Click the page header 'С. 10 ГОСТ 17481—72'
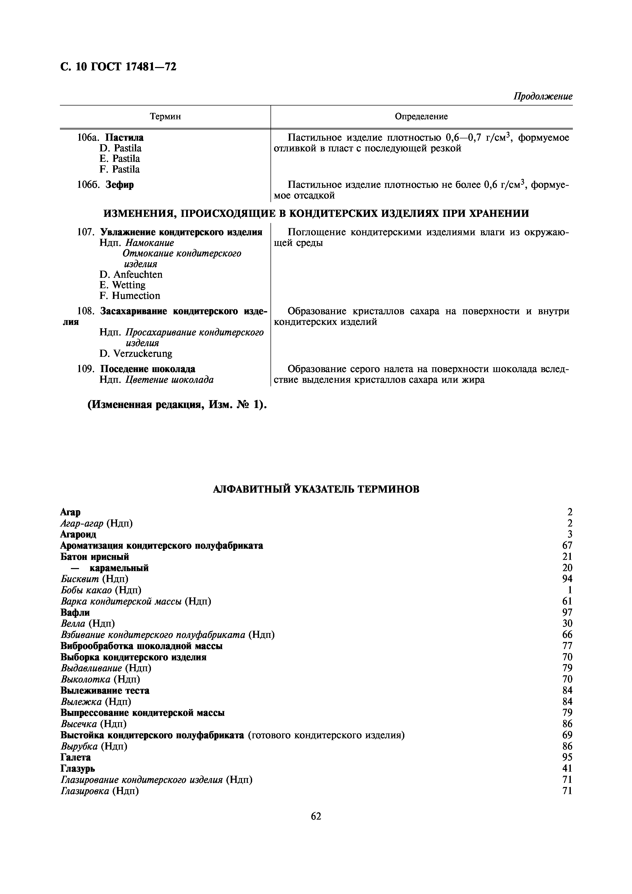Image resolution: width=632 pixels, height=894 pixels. [x=118, y=67]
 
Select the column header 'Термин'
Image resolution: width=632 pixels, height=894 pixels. [x=165, y=116]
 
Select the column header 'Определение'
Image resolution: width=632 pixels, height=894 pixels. [x=421, y=116]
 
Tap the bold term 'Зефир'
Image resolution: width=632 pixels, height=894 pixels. [x=120, y=185]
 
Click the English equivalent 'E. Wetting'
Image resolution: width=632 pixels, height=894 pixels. [x=122, y=285]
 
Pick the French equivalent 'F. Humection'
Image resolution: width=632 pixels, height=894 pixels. [x=130, y=296]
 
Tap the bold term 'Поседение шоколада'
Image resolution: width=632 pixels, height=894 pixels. [x=148, y=369]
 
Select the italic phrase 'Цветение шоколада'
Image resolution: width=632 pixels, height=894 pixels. [x=169, y=379]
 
